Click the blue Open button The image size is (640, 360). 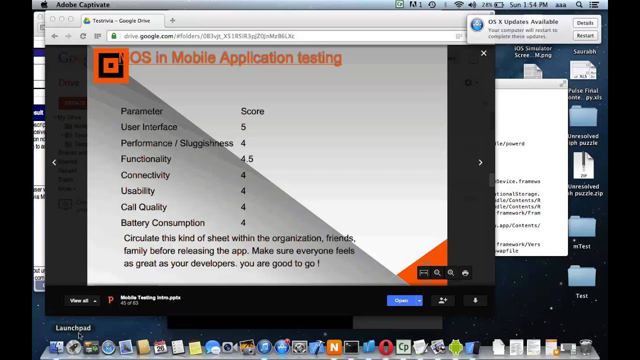[x=401, y=300]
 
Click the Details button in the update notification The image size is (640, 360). [x=585, y=23]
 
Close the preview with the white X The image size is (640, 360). [x=483, y=53]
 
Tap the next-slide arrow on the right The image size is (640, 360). [x=480, y=162]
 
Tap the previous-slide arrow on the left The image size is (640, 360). [x=54, y=162]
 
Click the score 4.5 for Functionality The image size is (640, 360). [x=247, y=159]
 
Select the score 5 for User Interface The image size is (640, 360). [x=243, y=127]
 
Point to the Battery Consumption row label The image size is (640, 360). [x=162, y=223]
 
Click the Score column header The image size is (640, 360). [x=252, y=111]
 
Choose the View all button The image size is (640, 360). [x=82, y=300]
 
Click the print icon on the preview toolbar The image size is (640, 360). [x=465, y=273]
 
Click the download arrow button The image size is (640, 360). [x=475, y=300]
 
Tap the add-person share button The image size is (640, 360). [x=442, y=300]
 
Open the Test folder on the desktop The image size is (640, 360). [x=581, y=277]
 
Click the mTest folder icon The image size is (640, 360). [x=581, y=227]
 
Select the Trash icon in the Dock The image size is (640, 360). [x=585, y=347]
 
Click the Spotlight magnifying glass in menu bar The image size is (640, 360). [x=579, y=5]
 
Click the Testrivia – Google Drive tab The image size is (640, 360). [x=121, y=20]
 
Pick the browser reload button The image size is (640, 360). [x=83, y=36]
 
